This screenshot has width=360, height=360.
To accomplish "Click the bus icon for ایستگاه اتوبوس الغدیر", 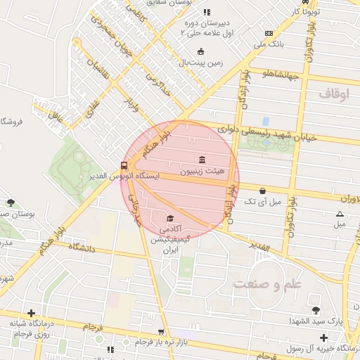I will [124, 165].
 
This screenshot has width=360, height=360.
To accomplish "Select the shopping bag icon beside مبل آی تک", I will [262, 191].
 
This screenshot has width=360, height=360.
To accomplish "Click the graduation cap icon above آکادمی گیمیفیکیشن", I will [169, 218].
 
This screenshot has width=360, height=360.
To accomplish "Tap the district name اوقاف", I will [333, 93].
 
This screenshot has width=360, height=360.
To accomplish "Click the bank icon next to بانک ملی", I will [268, 33].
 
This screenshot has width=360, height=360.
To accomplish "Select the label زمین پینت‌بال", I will [200, 63].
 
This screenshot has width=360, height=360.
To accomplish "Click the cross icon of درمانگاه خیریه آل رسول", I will [323, 338].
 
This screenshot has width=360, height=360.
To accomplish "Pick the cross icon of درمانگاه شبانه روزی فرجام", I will [31, 313].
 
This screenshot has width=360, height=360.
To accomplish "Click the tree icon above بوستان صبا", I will [10, 202].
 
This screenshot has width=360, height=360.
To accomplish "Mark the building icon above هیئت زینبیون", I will [202, 160].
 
